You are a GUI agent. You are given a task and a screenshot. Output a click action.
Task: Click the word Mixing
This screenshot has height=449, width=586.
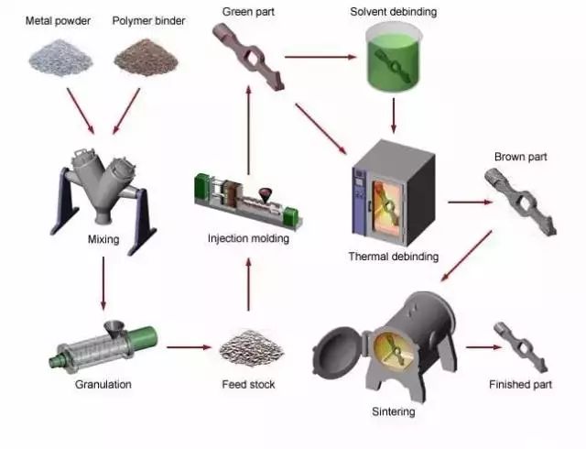coord(103,240)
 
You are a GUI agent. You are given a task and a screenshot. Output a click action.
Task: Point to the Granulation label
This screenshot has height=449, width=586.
coord(103,384)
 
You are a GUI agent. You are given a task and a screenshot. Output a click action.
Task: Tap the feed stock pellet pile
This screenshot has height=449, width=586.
coord(247,348)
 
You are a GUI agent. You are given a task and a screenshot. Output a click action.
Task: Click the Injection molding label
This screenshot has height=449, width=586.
coord(248,239)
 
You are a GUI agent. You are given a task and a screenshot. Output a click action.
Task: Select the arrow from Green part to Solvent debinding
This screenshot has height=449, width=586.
coord(320,58)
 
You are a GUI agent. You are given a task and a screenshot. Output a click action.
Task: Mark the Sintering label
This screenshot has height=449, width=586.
coord(393,412)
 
